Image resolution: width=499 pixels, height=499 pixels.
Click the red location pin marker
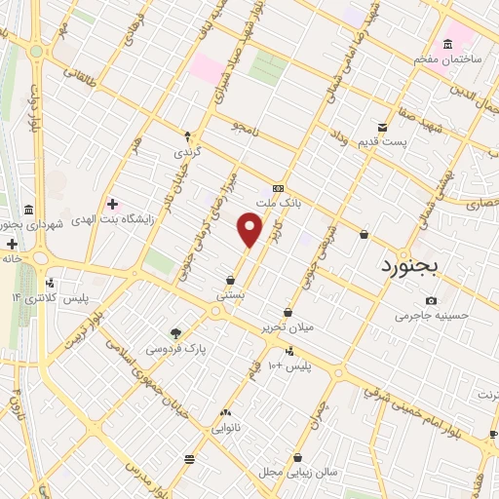point(250,230)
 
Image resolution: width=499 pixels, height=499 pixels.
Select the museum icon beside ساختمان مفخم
point(447,45)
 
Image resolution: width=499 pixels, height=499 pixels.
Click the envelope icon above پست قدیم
point(383,126)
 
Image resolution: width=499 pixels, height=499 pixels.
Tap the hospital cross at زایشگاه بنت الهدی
point(113,204)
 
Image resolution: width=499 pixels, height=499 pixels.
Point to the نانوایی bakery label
point(225,427)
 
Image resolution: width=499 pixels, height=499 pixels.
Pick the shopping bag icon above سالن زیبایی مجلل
point(297,456)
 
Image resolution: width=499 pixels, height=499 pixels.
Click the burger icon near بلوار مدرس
point(189,458)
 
